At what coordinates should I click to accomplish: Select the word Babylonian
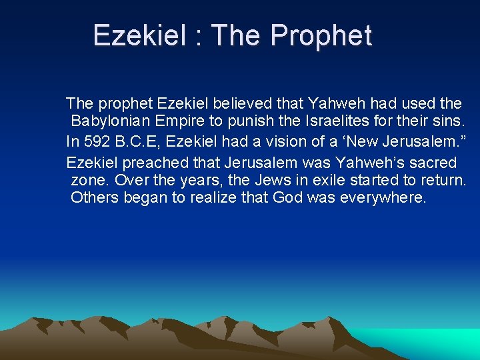[111, 122]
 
